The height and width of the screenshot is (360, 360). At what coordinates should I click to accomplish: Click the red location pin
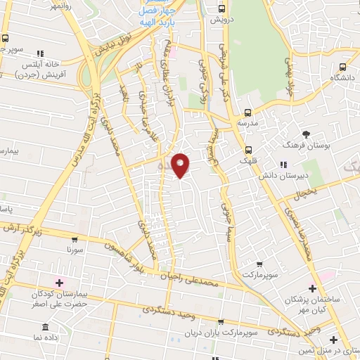[x=181, y=165]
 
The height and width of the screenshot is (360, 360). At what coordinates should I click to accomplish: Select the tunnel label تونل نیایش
[x=96, y=50]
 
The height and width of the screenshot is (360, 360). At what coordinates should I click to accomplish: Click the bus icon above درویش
[x=222, y=9]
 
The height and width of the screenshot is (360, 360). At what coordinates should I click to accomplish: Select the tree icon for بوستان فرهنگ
[x=305, y=134]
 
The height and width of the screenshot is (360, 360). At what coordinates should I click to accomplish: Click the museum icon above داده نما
[x=46, y=328]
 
